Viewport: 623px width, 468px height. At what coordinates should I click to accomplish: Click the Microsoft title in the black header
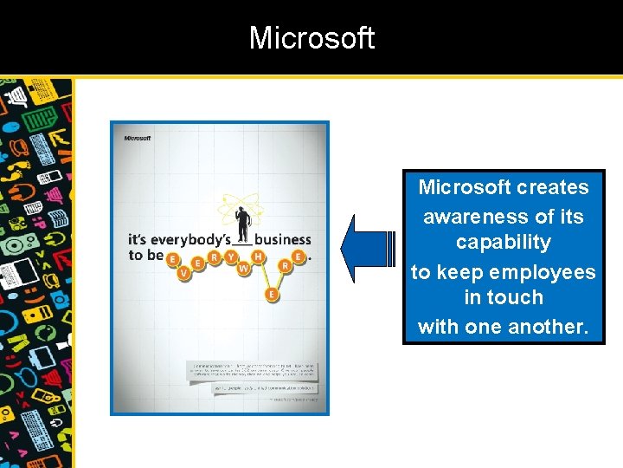(x=311, y=38)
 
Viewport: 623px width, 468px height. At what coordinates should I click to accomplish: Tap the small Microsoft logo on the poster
(x=138, y=138)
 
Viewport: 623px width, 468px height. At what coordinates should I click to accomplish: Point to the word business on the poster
(x=282, y=239)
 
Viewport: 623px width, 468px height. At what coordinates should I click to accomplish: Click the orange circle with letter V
(x=183, y=273)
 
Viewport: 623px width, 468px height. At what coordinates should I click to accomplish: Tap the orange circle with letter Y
(x=231, y=257)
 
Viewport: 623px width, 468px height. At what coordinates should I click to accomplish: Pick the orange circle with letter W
(x=244, y=269)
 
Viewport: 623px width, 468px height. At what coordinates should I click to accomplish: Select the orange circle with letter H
(x=258, y=257)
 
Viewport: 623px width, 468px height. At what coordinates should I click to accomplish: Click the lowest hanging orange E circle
(x=272, y=295)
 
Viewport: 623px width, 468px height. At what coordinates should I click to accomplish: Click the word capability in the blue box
(x=503, y=242)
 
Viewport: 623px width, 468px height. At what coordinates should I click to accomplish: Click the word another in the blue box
(x=547, y=327)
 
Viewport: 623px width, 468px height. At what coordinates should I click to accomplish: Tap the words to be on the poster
(x=145, y=255)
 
